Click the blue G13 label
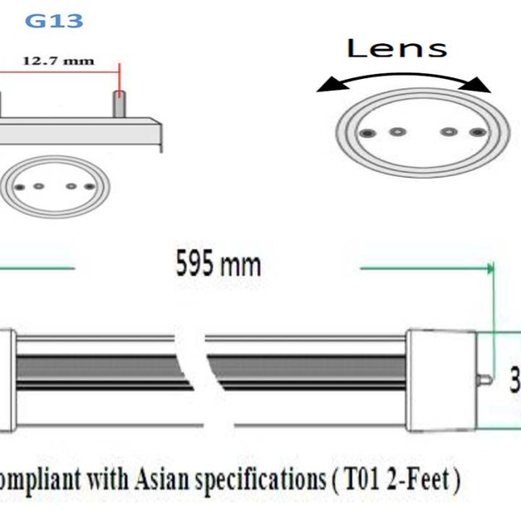pos(54,20)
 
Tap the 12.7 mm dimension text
pos(58,61)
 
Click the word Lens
pos(396,48)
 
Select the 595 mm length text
pos(218,264)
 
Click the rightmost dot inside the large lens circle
pos(476,133)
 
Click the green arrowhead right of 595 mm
pos(489,268)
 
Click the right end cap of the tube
pos(440,380)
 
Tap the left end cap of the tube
pos(7,380)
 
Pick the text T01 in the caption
pos(351,479)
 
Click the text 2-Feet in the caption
pos(415,479)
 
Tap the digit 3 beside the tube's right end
pos(514,380)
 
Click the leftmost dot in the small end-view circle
pos(20,187)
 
